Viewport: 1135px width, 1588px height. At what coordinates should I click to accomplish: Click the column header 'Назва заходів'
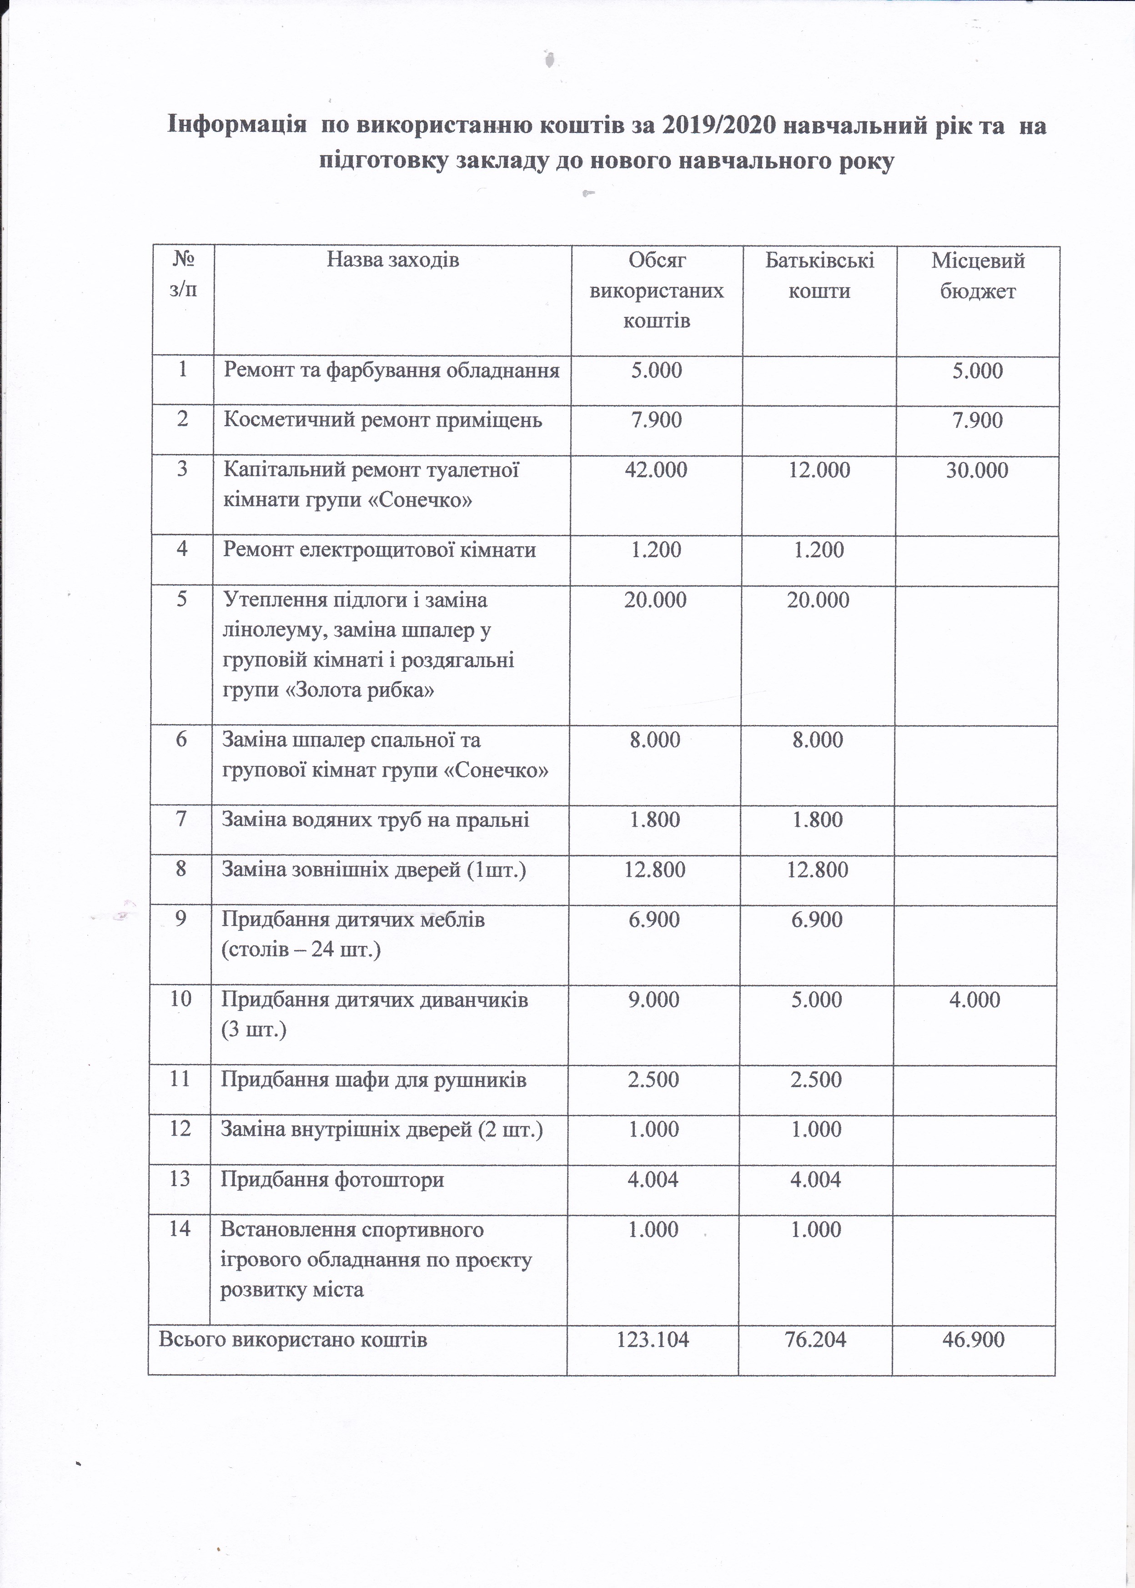point(393,261)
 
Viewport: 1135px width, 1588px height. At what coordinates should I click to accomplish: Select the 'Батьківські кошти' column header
point(819,276)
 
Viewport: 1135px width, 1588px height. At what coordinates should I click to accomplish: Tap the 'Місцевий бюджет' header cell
point(978,276)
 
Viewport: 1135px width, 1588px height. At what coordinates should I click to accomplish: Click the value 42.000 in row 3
point(656,470)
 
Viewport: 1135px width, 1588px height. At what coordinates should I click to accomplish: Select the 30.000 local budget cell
point(977,470)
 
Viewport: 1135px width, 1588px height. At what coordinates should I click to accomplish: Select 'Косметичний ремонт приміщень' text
point(383,420)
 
